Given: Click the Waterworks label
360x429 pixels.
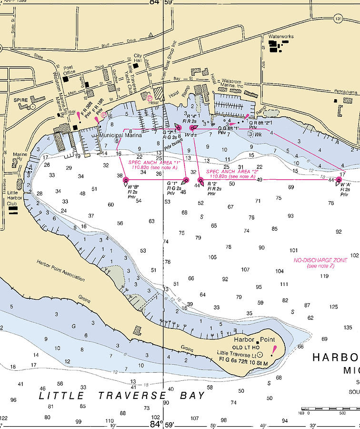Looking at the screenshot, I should (281, 36).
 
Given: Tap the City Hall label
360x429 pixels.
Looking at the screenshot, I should (138, 58).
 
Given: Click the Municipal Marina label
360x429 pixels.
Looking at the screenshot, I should (117, 135).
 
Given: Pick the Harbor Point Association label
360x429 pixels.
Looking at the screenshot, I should (60, 269).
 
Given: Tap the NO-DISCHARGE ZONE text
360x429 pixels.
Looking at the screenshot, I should (320, 260).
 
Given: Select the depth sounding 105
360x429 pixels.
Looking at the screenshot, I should (212, 257).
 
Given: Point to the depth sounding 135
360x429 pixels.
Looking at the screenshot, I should (348, 327).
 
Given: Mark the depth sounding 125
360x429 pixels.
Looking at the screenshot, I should (333, 306).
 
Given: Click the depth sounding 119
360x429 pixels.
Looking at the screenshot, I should (324, 276).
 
